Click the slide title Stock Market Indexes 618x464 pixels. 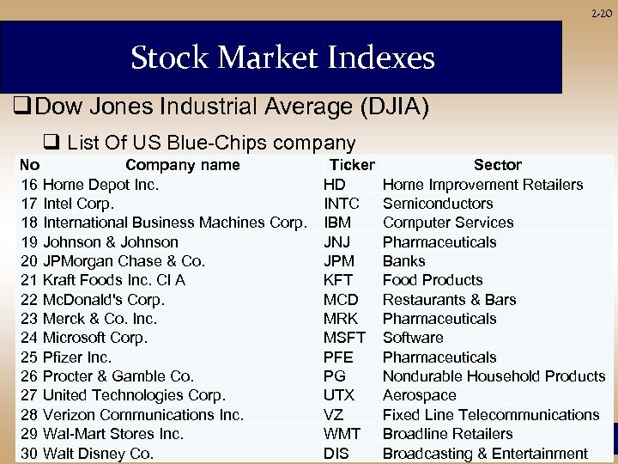click(282, 58)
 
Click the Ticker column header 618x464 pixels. click(352, 165)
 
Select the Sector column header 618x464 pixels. click(497, 165)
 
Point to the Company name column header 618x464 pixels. click(183, 165)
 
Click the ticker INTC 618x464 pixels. click(342, 204)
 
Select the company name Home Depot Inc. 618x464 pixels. click(100, 185)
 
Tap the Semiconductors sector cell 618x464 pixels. click(438, 204)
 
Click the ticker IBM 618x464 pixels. click(337, 223)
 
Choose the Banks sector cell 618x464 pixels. click(403, 261)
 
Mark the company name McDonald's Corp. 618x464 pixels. click(103, 300)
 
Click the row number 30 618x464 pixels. click(28, 454)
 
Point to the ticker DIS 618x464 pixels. click(336, 454)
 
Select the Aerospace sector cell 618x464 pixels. click(419, 395)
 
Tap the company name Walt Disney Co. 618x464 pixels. click(98, 454)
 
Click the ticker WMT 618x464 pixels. click(341, 434)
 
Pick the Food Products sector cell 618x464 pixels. click(433, 280)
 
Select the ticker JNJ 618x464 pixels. click(337, 242)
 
